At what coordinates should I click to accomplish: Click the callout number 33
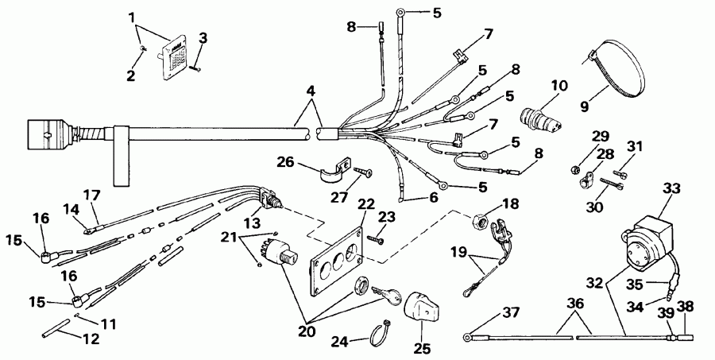coord(672,189)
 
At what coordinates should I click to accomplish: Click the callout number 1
coord(133,16)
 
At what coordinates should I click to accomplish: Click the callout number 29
coord(599,135)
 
